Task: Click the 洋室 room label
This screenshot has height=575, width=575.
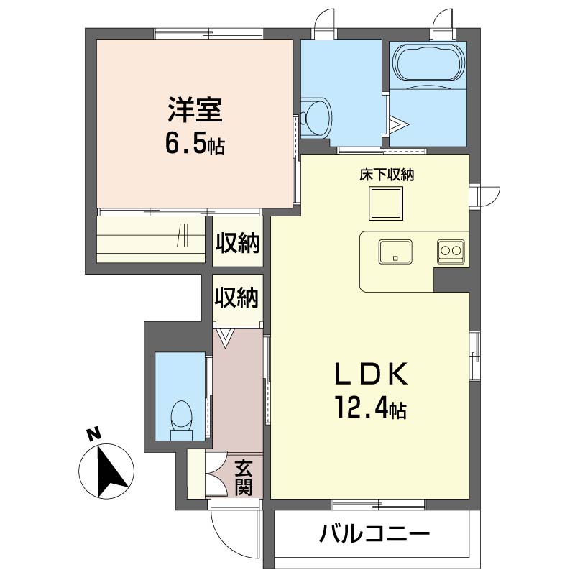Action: pos(195,109)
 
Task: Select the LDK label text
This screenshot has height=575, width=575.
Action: pos(371,374)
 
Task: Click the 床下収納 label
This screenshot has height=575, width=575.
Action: pos(387,175)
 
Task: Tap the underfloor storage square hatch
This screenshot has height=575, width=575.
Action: pos(386,203)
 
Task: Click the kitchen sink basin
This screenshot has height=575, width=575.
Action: pos(395,252)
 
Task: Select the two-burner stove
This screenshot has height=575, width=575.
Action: pos(451,252)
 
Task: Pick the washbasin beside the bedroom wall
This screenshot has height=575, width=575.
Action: pos(315,118)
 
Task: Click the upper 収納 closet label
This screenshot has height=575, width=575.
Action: pos(238,243)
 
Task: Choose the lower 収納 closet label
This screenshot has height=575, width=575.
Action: pos(237,297)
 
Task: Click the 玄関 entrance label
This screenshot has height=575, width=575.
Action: pos(243,477)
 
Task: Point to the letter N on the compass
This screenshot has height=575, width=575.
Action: pos(94,434)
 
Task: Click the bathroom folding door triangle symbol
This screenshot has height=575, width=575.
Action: pos(398,124)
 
